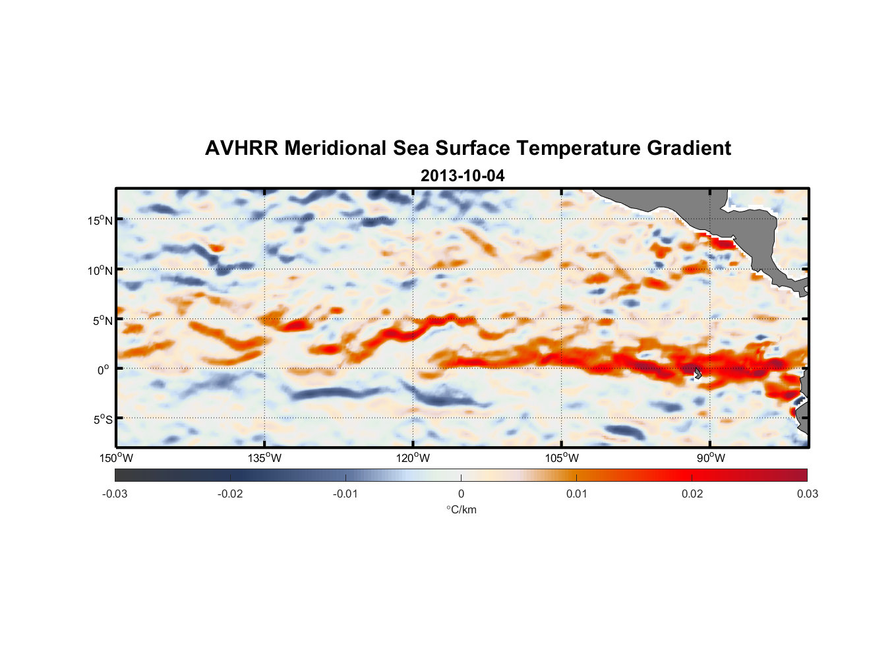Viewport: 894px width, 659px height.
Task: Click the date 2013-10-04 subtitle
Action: [x=462, y=176]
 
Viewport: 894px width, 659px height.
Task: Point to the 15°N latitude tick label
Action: [x=100, y=220]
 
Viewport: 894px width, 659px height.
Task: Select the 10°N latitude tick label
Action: [x=100, y=270]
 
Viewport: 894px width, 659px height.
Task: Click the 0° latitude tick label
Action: [x=104, y=370]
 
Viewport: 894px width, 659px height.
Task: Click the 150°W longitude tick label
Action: [x=116, y=458]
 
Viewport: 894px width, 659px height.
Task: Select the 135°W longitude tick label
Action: [x=264, y=458]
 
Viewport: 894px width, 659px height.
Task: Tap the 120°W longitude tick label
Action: [x=413, y=458]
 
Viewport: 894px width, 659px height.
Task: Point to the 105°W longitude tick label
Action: [x=562, y=458]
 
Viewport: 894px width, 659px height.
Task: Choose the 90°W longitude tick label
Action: [x=711, y=458]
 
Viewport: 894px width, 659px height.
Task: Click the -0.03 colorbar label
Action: [x=115, y=494]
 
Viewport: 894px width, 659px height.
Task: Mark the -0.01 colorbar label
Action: [x=345, y=494]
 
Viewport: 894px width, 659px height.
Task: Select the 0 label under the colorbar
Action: [x=461, y=494]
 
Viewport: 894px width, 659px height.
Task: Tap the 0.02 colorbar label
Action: [x=692, y=494]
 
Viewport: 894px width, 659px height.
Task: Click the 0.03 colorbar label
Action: [x=807, y=494]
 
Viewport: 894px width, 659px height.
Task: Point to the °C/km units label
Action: [x=462, y=510]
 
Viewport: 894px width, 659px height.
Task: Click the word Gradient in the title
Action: [x=689, y=148]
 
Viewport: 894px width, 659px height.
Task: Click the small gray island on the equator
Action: [x=698, y=374]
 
